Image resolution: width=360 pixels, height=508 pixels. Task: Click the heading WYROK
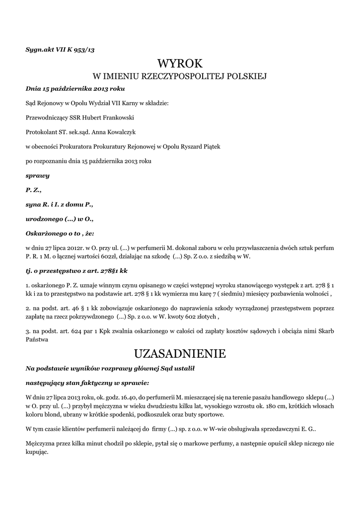[x=180, y=64]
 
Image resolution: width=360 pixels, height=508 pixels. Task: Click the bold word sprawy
[x=37, y=175]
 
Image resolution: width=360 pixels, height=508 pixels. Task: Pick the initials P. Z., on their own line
[x=33, y=190]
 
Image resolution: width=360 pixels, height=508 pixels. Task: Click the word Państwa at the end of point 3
[x=37, y=340]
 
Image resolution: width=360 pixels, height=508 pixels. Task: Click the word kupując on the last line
[x=36, y=451]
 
